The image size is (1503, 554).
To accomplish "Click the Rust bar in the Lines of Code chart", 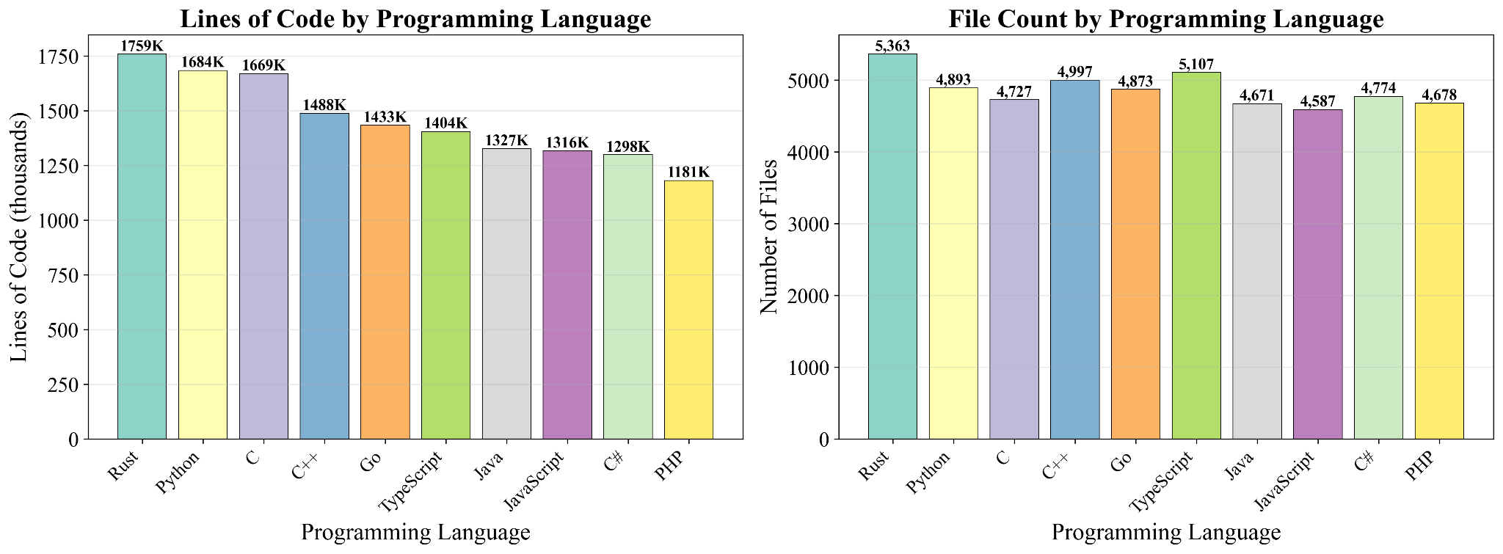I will click(x=142, y=246).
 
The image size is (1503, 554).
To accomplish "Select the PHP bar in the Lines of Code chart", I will click(x=688, y=309).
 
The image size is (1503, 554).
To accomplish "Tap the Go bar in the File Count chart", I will click(x=1135, y=264).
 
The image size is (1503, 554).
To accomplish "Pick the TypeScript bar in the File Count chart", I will click(x=1196, y=255).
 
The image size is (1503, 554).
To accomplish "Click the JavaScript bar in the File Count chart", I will click(x=1318, y=274).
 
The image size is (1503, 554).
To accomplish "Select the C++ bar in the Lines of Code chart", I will click(x=324, y=276).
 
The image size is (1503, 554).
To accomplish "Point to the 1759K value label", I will click(x=142, y=46).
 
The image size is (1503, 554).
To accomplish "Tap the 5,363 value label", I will click(x=892, y=46).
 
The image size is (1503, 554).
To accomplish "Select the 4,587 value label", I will click(x=1318, y=102).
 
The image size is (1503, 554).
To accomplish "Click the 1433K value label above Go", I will click(x=385, y=117).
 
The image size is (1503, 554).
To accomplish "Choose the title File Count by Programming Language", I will click(x=1166, y=19).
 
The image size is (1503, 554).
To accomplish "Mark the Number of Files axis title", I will click(x=768, y=236).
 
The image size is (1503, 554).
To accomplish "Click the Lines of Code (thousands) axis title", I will click(x=19, y=236).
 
